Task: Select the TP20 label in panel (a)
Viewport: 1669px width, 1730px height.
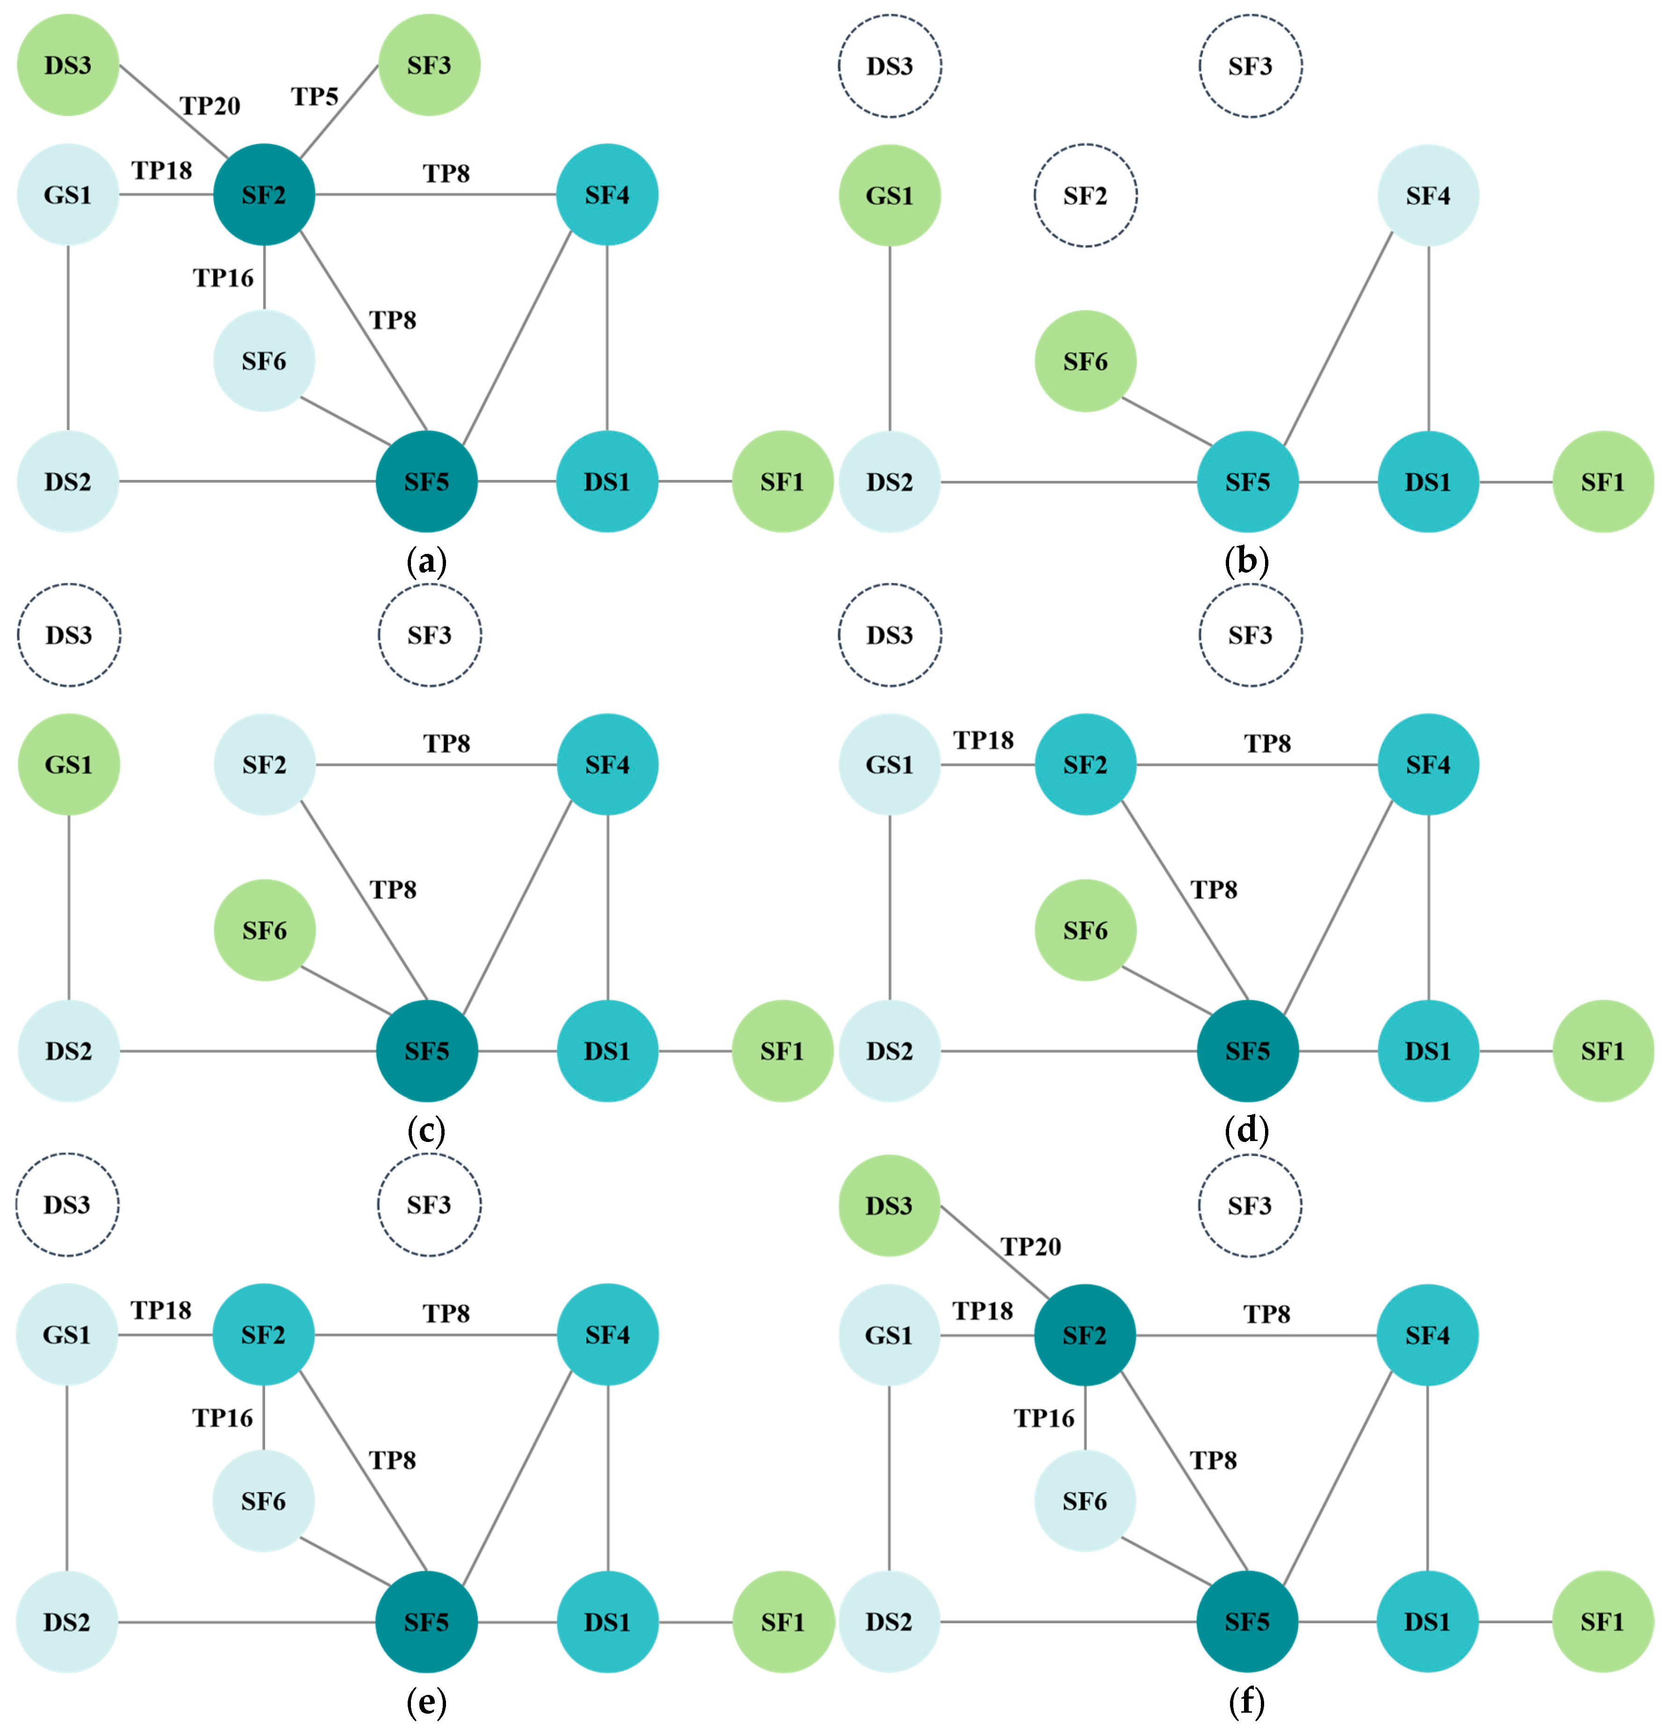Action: coord(210,106)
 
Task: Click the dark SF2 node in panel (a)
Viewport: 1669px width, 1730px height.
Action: coord(264,194)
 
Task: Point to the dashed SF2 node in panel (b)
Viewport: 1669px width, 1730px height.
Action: coord(1085,195)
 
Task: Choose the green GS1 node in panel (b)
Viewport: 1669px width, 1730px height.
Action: coord(890,195)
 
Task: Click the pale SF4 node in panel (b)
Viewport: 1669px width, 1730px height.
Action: coord(1428,195)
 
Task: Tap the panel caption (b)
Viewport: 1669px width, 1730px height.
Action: coord(1246,561)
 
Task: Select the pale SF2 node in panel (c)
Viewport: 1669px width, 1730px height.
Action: coord(265,764)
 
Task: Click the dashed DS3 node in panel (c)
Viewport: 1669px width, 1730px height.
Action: coord(69,635)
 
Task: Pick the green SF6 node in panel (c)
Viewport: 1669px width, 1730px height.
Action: coord(265,930)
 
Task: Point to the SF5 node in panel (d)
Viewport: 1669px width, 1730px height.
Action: coord(1247,1050)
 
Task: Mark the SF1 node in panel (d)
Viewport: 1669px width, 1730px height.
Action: coord(1603,1050)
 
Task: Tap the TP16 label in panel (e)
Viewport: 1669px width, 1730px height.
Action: coord(223,1418)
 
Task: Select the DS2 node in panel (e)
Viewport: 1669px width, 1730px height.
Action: coord(67,1622)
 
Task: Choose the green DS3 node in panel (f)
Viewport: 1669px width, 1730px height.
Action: coord(889,1206)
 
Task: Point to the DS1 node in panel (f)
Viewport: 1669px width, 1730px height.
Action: coord(1427,1622)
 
